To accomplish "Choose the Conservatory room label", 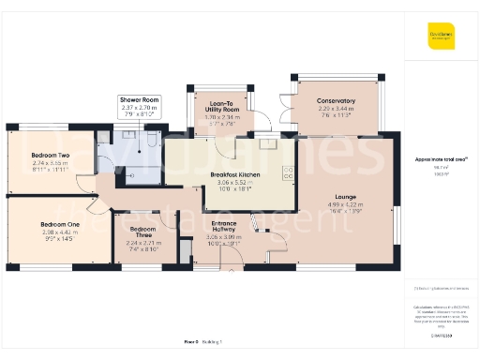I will tap(335, 100).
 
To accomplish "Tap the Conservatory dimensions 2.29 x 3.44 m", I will tap(335, 108).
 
